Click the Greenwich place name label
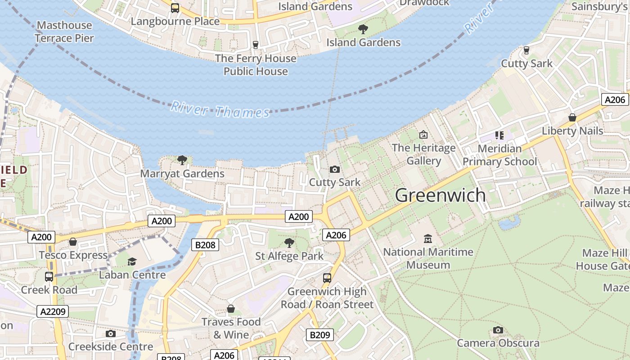pyautogui.click(x=440, y=195)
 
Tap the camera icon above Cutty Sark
pyautogui.click(x=334, y=169)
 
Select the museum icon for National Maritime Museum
pyautogui.click(x=427, y=238)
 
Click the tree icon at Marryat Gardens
pyautogui.click(x=182, y=160)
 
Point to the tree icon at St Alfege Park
pyautogui.click(x=289, y=243)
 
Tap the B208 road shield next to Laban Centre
pyautogui.click(x=206, y=245)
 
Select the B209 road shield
pyautogui.click(x=320, y=335)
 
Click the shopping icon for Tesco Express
pyautogui.click(x=73, y=242)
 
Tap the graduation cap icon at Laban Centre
pyautogui.click(x=132, y=261)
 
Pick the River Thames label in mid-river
pyautogui.click(x=220, y=110)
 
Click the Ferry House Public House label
pyautogui.click(x=256, y=65)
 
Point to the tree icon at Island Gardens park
pyautogui.click(x=363, y=29)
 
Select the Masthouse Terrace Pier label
pyautogui.click(x=64, y=31)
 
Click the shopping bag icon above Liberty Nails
pyautogui.click(x=572, y=117)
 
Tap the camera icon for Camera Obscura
pyautogui.click(x=498, y=330)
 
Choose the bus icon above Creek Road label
pyautogui.click(x=49, y=276)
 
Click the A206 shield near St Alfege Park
pyautogui.click(x=336, y=235)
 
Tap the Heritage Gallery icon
pyautogui.click(x=423, y=134)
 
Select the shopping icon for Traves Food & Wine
pyautogui.click(x=231, y=309)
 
